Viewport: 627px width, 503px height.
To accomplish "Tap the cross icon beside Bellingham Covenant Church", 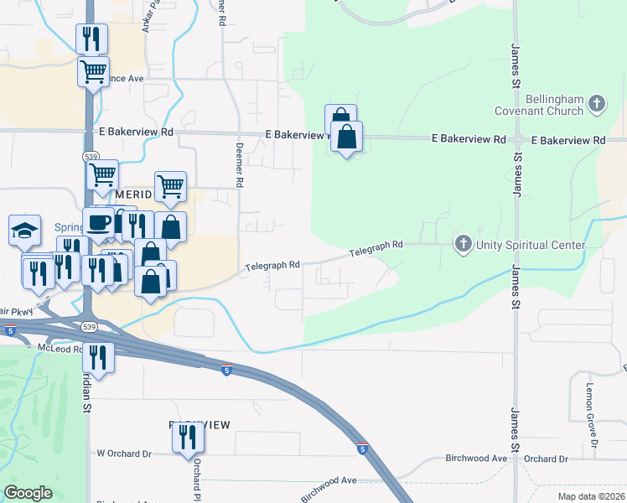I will coord(597,104).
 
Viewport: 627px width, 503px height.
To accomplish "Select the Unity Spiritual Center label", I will coord(530,245).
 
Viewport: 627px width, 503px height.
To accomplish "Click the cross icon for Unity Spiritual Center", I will coord(462,245).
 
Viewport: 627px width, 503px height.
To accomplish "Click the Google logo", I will coord(28,493).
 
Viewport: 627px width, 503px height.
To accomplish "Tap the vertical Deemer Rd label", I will coord(239,163).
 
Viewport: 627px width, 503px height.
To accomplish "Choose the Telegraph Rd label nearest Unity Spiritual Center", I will coord(376,249).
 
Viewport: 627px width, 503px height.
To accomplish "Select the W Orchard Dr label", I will coord(123,454).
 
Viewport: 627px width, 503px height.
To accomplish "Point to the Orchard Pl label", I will coord(198,477).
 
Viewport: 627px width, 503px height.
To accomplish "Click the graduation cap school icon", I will coord(24,229).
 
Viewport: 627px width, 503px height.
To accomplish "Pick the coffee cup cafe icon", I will coord(98,222).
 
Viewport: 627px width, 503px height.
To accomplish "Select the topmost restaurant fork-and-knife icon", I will coord(91,38).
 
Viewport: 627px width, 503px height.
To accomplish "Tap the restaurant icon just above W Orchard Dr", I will coord(188,437).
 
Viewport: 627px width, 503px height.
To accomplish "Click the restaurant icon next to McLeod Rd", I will coord(100,358).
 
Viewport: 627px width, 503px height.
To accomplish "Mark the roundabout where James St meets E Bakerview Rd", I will coord(518,139).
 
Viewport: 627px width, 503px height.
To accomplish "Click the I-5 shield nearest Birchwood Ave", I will coord(361,449).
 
